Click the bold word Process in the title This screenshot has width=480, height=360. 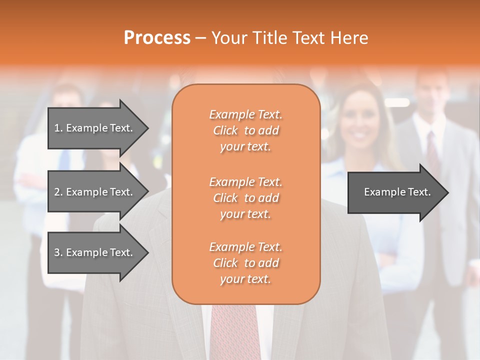point(157,38)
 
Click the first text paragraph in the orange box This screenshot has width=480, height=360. point(245,130)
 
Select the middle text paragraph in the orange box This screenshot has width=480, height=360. point(245,198)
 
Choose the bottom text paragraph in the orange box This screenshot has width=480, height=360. point(245,263)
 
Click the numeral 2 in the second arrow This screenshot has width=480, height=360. point(57,192)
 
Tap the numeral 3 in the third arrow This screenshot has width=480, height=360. point(57,252)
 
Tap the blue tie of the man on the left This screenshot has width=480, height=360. point(63,160)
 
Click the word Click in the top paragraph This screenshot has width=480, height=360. point(225,130)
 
